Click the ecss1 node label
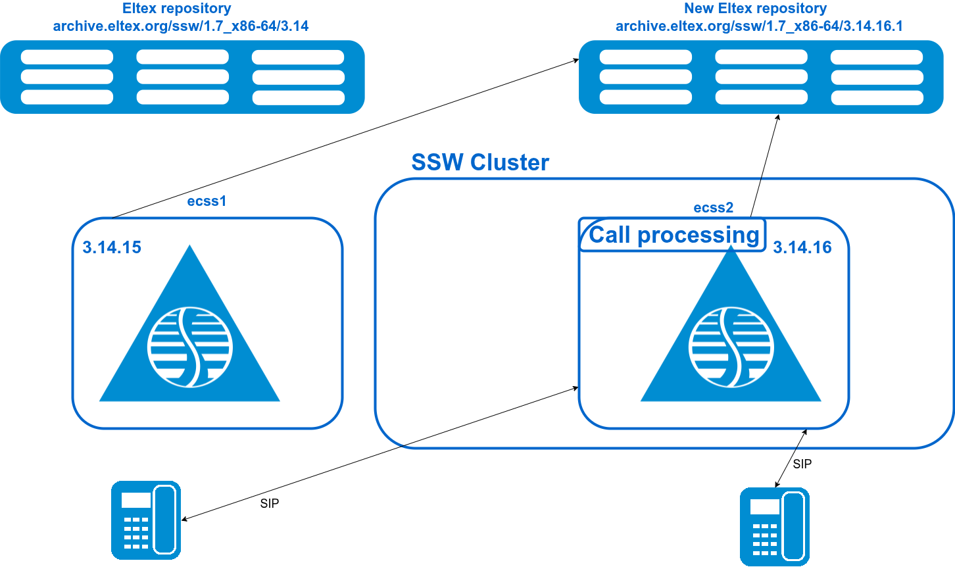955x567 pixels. (x=207, y=201)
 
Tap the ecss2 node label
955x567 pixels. (x=713, y=208)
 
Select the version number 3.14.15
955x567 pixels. (x=112, y=247)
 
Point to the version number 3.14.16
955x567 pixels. (x=802, y=247)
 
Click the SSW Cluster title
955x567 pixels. (x=479, y=162)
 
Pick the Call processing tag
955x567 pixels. (x=673, y=235)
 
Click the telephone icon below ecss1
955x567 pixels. (x=145, y=520)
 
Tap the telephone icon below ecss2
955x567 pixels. (x=774, y=526)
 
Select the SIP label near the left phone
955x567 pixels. (x=270, y=504)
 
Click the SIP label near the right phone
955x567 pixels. (x=802, y=464)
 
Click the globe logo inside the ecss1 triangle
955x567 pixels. (x=189, y=346)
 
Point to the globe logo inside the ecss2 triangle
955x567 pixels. (x=731, y=346)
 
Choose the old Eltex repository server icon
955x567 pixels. (x=182, y=77)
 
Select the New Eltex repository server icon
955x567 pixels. (x=761, y=77)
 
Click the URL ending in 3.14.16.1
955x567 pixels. (x=759, y=26)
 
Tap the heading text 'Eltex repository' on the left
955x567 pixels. (x=177, y=9)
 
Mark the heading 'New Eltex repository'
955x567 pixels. (x=755, y=9)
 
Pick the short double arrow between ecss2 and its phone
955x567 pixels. (x=791, y=458)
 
